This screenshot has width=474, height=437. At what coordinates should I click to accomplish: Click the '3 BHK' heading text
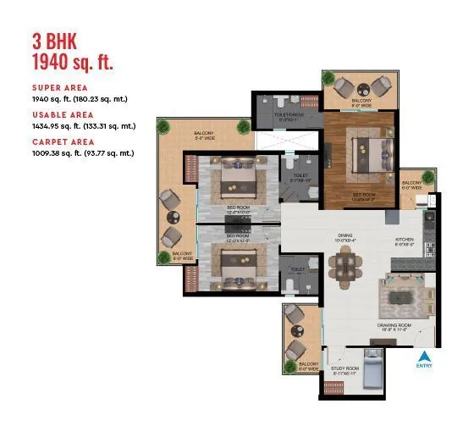[56, 40]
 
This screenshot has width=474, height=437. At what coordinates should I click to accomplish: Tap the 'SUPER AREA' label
[58, 87]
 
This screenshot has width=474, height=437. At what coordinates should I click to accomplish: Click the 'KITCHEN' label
[405, 240]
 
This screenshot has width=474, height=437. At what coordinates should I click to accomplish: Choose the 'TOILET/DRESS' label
[288, 116]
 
